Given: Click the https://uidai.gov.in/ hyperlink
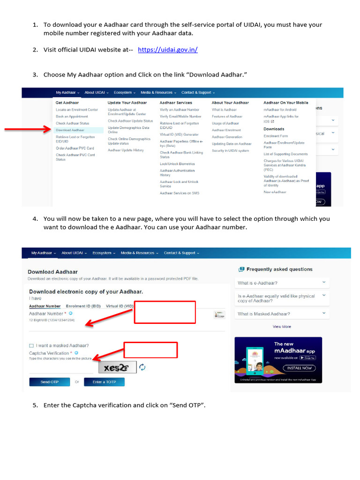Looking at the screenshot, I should pyautogui.click(x=167, y=50).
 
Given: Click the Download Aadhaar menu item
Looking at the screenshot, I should pyautogui.click(x=70, y=130).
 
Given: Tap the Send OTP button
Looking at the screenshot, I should pyautogui.click(x=50, y=382).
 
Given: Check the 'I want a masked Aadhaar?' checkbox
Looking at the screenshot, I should pyautogui.click(x=31, y=346).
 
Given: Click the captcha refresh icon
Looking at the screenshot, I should pyautogui.click(x=142, y=367).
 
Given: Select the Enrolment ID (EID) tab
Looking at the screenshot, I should pyautogui.click(x=83, y=306).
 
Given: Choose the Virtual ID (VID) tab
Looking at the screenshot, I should pyautogui.click(x=120, y=306).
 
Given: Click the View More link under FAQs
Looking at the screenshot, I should pyautogui.click(x=282, y=327).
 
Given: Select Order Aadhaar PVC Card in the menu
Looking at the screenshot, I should pyautogui.click(x=75, y=148).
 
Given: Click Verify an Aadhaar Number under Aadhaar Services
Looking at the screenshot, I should pyautogui.click(x=180, y=110).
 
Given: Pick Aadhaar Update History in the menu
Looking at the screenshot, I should pyautogui.click(x=126, y=150).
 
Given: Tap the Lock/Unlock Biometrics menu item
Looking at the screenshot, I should pyautogui.click(x=177, y=164).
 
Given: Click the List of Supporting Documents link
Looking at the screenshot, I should pyautogui.click(x=285, y=154).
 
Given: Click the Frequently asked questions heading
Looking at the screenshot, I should pyautogui.click(x=279, y=269).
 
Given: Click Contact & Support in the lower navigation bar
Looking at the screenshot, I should pyautogui.click(x=181, y=253).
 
